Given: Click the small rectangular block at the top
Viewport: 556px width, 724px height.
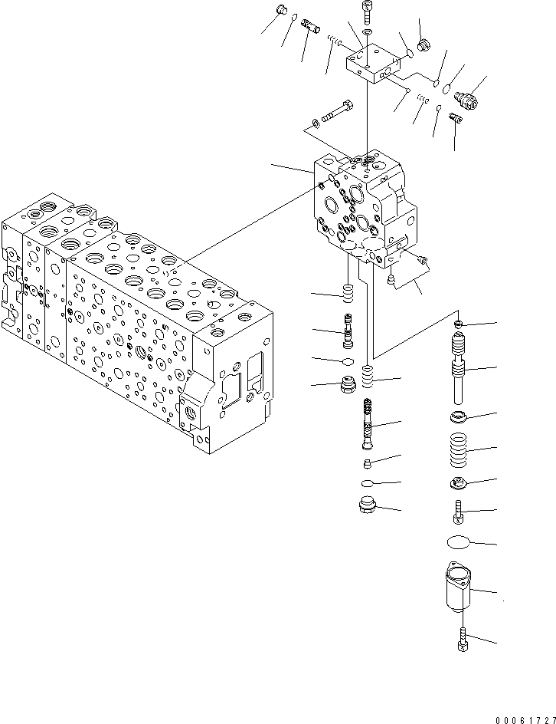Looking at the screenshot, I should [373, 61].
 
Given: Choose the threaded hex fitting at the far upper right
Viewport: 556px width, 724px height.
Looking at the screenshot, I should [466, 98].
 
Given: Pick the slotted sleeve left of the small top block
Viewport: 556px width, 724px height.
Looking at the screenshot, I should [311, 34].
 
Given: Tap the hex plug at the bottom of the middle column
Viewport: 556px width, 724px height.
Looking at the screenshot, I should [367, 506].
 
